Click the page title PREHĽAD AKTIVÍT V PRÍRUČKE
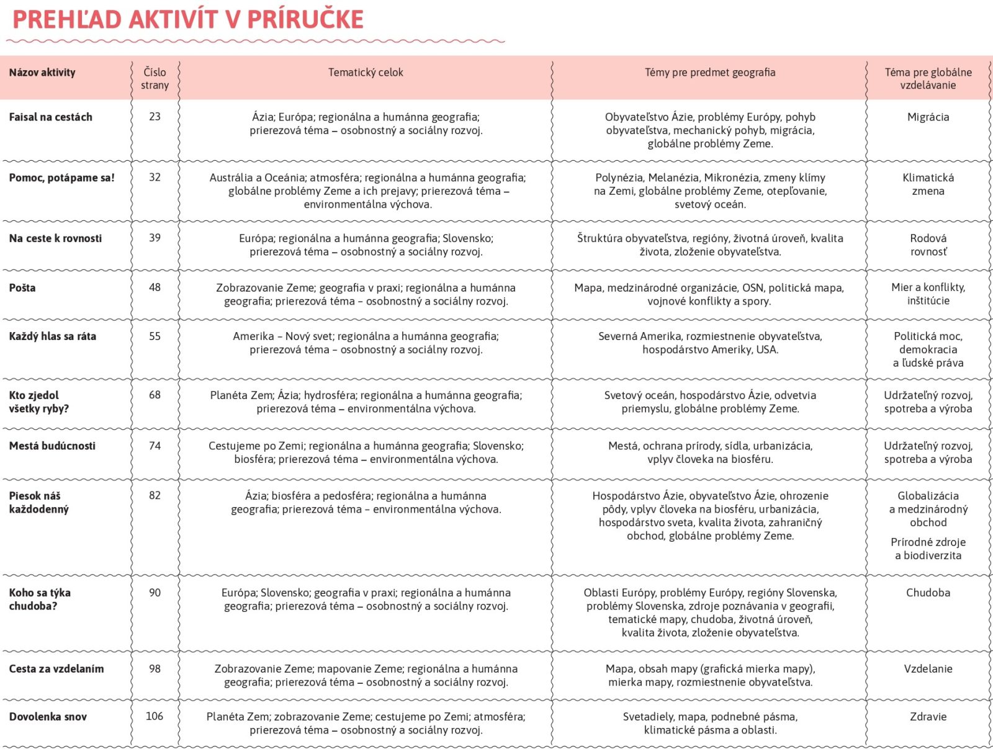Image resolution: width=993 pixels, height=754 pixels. pyautogui.click(x=188, y=20)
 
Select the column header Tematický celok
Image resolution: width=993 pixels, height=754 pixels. pyautogui.click(x=366, y=73)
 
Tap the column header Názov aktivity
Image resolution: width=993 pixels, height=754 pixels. pyautogui.click(x=42, y=73)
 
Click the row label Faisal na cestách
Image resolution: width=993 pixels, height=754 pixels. pyautogui.click(x=50, y=117)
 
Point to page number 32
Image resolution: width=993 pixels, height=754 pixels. pyautogui.click(x=155, y=177)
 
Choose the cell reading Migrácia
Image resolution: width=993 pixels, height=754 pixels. pyautogui.click(x=928, y=117)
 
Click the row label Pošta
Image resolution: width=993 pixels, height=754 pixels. pyautogui.click(x=22, y=288)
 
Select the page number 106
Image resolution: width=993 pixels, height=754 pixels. pyautogui.click(x=155, y=717)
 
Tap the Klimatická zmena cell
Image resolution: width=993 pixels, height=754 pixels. pyautogui.click(x=928, y=184)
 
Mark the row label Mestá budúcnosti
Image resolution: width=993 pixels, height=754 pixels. pyautogui.click(x=52, y=446)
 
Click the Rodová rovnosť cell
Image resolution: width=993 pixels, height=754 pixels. pyautogui.click(x=928, y=245)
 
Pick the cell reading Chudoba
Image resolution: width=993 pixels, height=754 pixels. pyautogui.click(x=928, y=593)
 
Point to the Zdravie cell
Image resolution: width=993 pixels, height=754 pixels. pyautogui.click(x=928, y=717)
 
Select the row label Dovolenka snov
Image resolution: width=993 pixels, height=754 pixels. pyautogui.click(x=48, y=717)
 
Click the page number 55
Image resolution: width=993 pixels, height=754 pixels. pyautogui.click(x=155, y=336)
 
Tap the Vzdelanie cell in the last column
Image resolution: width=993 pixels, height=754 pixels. pyautogui.click(x=928, y=669)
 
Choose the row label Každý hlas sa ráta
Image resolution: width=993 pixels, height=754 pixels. pyautogui.click(x=53, y=336)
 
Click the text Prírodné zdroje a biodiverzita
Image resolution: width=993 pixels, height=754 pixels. pyautogui.click(x=928, y=549)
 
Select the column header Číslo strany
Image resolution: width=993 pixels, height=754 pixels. pyautogui.click(x=155, y=79)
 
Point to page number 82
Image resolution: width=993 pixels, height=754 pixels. pyautogui.click(x=155, y=496)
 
